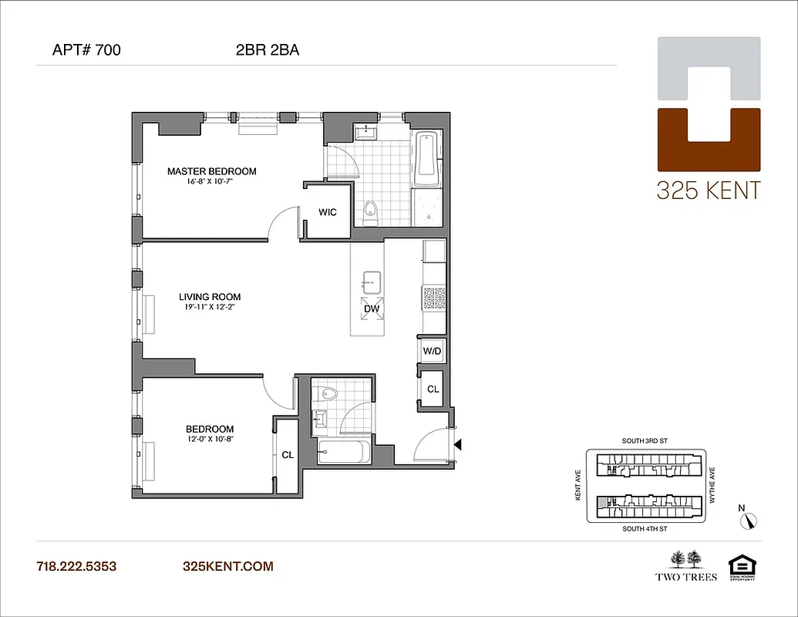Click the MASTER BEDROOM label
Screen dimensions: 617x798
211,171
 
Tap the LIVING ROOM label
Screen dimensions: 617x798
210,297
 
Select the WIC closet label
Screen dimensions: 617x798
328,213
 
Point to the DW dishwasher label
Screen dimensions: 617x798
372,308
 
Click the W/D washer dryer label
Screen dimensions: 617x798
432,352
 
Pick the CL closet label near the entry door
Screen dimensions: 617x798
433,389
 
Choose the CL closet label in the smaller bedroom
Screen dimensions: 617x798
287,455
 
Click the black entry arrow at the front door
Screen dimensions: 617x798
458,444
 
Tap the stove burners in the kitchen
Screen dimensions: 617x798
433,298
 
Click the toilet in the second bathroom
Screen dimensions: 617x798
331,393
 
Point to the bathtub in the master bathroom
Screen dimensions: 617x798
426,160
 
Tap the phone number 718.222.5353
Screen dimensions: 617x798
76,566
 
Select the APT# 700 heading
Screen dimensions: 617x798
86,51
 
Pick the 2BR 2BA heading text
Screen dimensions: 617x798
268,51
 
